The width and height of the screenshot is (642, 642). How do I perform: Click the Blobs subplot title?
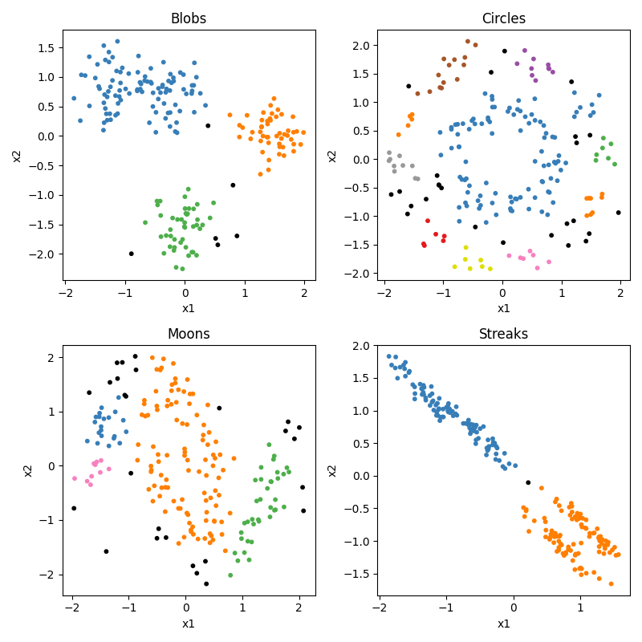189,18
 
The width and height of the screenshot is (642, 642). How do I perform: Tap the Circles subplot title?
503,18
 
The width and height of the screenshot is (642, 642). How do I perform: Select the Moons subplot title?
189,334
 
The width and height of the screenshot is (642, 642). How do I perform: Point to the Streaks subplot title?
503,334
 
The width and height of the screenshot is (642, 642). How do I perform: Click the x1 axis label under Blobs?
189,308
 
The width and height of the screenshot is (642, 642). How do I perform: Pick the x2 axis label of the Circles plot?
332,155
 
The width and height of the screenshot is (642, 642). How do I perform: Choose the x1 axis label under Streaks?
503,624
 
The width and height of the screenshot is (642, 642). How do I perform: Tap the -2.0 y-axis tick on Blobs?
44,254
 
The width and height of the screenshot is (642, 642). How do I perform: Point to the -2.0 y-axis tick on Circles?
359,273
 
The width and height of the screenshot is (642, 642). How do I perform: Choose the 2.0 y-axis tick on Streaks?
362,346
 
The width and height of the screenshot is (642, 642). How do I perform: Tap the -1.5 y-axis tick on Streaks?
359,574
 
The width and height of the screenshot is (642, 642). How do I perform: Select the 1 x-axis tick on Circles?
562,292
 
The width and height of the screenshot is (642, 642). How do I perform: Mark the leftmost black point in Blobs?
132,254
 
